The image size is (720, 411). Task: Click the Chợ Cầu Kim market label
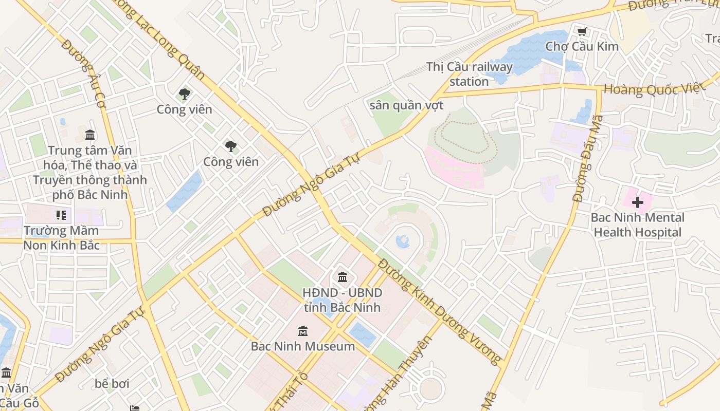tap(582, 46)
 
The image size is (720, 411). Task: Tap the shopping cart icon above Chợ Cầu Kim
tap(582, 32)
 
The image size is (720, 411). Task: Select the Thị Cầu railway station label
tap(469, 74)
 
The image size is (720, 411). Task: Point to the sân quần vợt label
tap(406, 105)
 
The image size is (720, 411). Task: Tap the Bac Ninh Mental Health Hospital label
tap(637, 225)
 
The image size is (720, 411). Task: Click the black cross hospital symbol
tap(638, 202)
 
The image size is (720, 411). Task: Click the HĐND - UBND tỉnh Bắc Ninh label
tap(342, 300)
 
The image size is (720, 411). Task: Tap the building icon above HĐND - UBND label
tap(343, 277)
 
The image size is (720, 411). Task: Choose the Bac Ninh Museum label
tap(303, 346)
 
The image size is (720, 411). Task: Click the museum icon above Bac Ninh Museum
tap(303, 331)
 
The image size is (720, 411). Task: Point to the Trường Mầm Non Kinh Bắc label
tap(61, 238)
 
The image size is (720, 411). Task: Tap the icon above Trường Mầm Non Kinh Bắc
tap(61, 215)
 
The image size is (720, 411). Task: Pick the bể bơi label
tap(112, 384)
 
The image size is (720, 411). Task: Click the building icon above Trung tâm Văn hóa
tap(90, 135)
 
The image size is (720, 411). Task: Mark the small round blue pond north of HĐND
tap(403, 241)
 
